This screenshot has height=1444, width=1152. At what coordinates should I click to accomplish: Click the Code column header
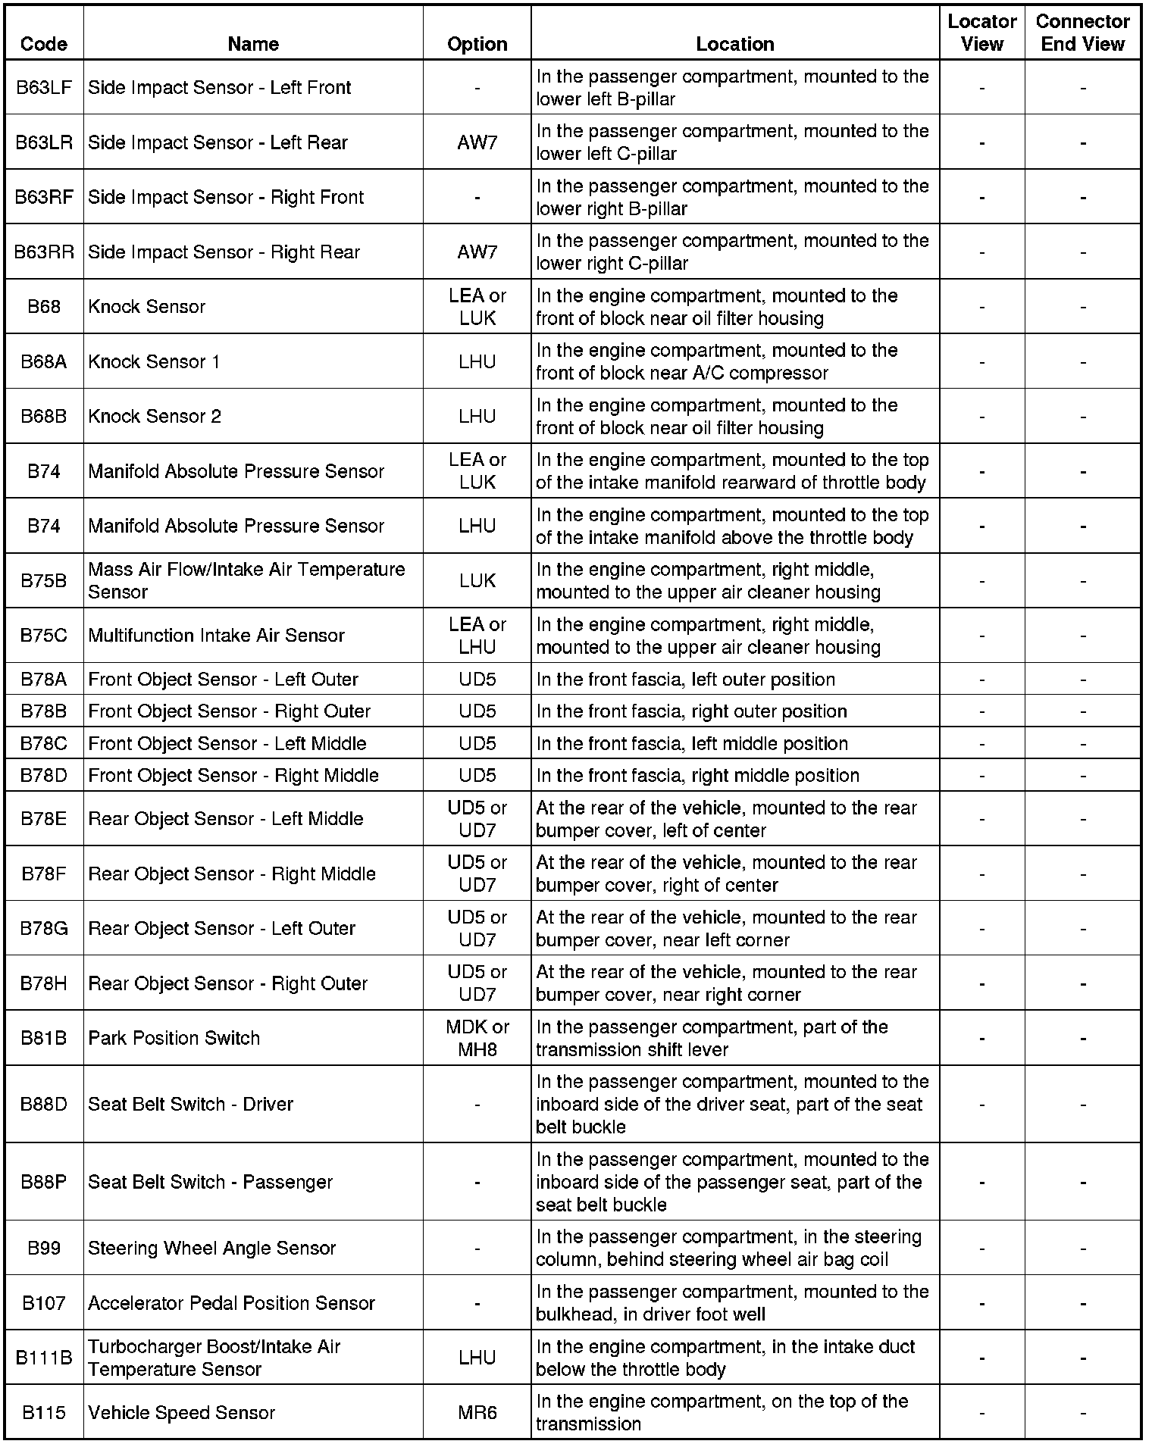click(x=44, y=44)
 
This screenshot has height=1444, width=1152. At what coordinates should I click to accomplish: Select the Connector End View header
click(x=1082, y=33)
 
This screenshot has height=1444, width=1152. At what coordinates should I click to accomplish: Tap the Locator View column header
click(x=981, y=33)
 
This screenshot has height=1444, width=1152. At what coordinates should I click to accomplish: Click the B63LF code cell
click(x=44, y=88)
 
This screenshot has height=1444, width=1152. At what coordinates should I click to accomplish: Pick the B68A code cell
click(x=44, y=362)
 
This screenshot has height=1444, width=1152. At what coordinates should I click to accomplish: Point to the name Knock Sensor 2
click(x=155, y=417)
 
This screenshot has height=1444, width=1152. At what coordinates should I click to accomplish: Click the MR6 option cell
click(x=477, y=1412)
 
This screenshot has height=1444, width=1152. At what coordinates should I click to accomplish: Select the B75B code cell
click(x=44, y=581)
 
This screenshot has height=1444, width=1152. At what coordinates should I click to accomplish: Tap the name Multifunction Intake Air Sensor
click(x=217, y=636)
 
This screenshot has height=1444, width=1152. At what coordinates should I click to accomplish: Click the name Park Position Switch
click(x=174, y=1038)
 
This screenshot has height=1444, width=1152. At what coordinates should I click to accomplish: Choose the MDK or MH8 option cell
click(x=477, y=1038)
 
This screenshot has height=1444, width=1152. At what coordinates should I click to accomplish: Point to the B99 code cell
click(x=44, y=1248)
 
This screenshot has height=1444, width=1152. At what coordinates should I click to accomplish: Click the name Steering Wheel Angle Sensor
click(x=212, y=1248)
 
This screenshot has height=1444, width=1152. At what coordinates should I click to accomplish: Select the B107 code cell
click(x=44, y=1303)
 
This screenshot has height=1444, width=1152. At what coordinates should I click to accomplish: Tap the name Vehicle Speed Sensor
click(x=182, y=1412)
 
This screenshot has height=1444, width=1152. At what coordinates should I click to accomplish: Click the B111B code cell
click(x=44, y=1358)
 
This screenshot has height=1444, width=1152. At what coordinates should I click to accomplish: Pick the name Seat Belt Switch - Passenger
click(x=211, y=1182)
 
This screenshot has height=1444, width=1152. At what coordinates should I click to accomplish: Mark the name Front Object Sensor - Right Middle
click(x=233, y=776)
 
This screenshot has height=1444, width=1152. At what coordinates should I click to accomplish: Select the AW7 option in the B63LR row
click(x=477, y=142)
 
